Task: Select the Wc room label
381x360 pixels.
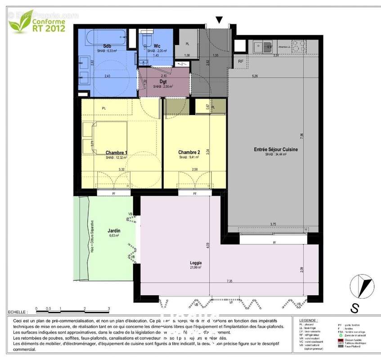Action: [157, 46]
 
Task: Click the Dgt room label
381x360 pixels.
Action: [163, 82]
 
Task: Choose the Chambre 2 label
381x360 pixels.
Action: [189, 152]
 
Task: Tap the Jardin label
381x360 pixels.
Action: [114, 230]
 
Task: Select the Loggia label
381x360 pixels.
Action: [196, 263]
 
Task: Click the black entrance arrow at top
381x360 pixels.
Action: [219, 20]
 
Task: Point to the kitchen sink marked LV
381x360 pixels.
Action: [259, 46]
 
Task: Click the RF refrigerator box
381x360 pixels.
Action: [241, 62]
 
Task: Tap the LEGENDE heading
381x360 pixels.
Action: [309, 320]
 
